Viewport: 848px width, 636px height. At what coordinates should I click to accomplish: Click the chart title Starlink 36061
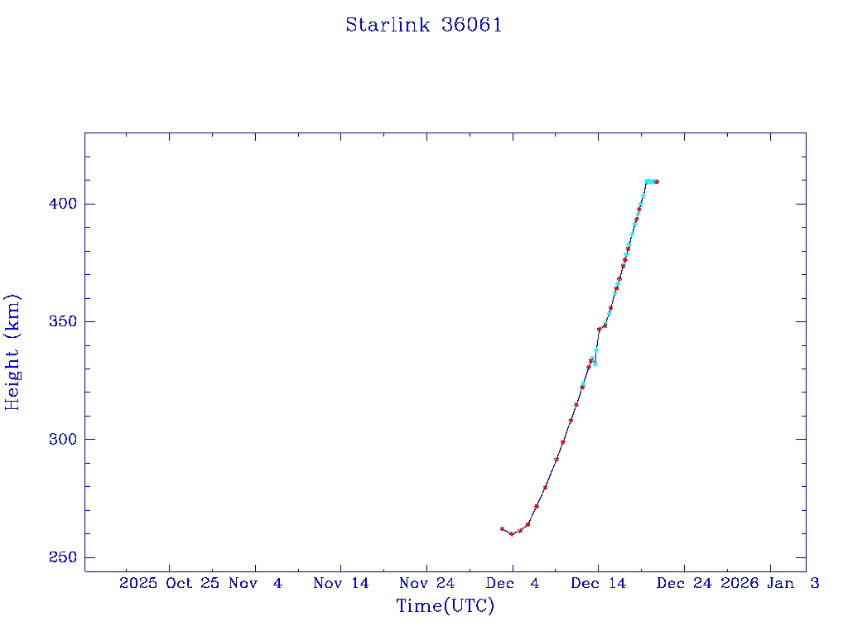pyautogui.click(x=423, y=25)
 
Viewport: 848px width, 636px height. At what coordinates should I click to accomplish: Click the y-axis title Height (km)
pyautogui.click(x=12, y=352)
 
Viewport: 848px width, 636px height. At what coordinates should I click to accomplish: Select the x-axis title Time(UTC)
pyautogui.click(x=445, y=606)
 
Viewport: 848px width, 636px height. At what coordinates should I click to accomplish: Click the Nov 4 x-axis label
pyautogui.click(x=256, y=583)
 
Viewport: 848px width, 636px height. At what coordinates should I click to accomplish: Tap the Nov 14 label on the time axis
pyautogui.click(x=340, y=583)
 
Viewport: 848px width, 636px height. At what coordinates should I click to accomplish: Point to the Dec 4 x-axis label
pyautogui.click(x=512, y=583)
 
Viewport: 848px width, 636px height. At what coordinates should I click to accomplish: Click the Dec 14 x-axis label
pyautogui.click(x=597, y=583)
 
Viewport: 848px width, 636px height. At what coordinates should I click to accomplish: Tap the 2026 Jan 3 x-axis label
pyautogui.click(x=769, y=583)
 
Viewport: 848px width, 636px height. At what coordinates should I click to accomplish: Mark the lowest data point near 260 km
pyautogui.click(x=512, y=534)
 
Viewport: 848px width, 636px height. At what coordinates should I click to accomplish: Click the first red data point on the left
pyautogui.click(x=502, y=528)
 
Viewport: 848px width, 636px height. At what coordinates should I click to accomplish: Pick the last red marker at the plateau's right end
pyautogui.click(x=657, y=181)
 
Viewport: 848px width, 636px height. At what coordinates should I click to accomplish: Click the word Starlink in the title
pyautogui.click(x=388, y=25)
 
